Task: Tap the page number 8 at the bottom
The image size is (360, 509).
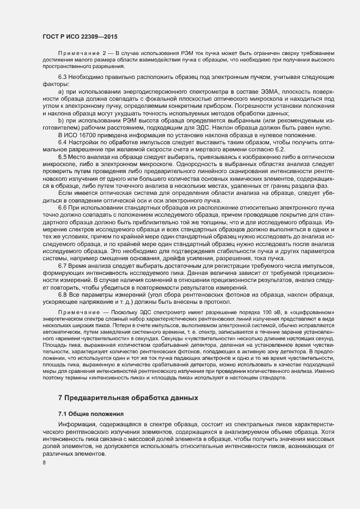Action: coord(44,463)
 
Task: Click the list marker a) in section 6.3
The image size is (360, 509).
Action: coord(61,91)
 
